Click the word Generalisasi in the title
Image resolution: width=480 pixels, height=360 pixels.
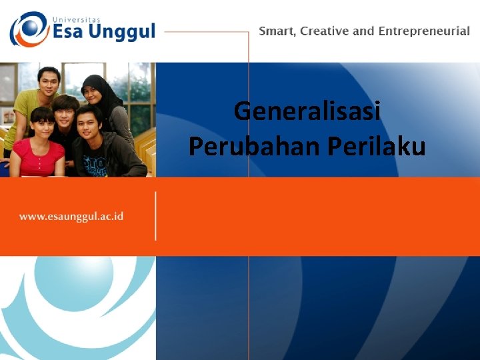tap(307, 111)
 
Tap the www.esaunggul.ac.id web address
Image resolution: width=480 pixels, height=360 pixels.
tap(71, 216)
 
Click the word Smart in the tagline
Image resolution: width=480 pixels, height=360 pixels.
tap(277, 31)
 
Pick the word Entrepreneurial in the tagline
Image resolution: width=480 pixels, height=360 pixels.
tap(424, 31)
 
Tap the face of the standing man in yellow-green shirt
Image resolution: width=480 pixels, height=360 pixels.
tap(48, 82)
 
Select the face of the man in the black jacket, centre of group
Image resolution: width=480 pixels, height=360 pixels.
tap(65, 112)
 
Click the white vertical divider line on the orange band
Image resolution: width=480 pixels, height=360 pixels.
tap(156, 216)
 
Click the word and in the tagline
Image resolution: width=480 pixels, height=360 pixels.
tap(365, 31)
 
